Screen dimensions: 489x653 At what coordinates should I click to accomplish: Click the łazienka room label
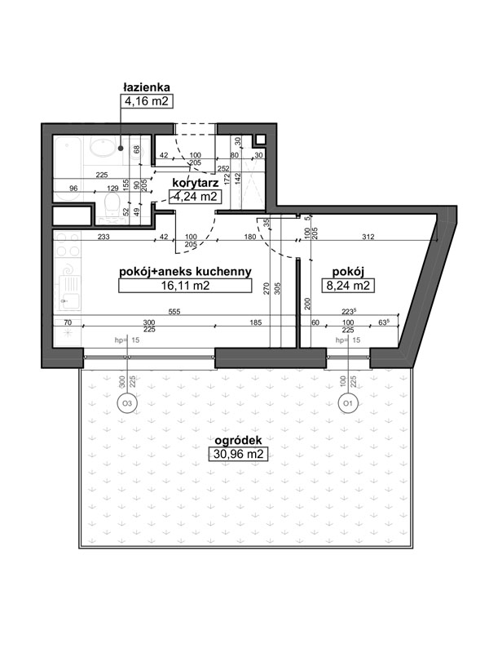[x=147, y=87]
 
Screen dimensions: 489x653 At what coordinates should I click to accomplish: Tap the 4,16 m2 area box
[x=147, y=101]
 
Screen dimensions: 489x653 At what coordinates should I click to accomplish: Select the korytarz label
[x=196, y=182]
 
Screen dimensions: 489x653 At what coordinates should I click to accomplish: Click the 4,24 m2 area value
[x=195, y=197]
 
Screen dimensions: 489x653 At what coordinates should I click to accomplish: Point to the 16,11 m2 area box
[x=185, y=286]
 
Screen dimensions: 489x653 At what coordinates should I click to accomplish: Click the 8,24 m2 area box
[x=348, y=286]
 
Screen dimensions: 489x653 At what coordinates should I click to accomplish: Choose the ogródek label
[x=238, y=441]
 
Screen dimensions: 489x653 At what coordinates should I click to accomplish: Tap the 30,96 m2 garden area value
[x=238, y=454]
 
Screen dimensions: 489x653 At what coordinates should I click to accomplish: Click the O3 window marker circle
[x=127, y=403]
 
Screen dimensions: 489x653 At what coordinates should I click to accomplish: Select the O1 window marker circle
[x=348, y=403]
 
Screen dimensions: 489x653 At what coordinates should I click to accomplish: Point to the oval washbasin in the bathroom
[x=102, y=148]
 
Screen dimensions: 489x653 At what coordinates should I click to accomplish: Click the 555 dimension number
[x=174, y=312]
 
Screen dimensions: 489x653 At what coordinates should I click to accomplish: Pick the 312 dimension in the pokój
[x=368, y=237]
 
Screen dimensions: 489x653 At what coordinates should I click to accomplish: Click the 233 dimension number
[x=104, y=237]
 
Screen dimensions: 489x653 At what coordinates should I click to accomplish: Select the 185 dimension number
[x=255, y=322]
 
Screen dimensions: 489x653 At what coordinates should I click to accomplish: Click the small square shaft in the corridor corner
[x=260, y=140]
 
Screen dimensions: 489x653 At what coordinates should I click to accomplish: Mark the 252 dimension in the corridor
[x=223, y=168]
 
